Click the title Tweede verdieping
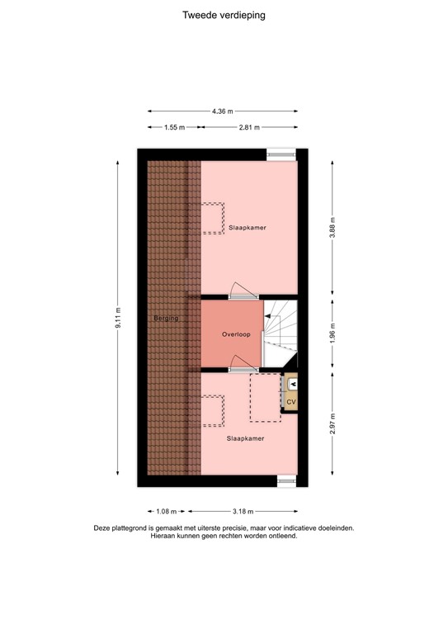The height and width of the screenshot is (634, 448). pos(224,16)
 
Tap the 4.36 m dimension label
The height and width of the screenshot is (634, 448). pos(223,111)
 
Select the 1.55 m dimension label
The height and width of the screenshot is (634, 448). pos(175,127)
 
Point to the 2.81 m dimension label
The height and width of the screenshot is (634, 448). pos(249,127)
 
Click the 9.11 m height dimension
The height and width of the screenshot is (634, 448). pos(118,318)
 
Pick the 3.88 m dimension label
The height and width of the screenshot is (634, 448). pos(332,228)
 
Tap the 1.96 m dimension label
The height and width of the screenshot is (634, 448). pos(332,333)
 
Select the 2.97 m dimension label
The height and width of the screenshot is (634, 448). pos(332,423)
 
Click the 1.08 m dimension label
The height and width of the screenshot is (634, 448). pos(167,512)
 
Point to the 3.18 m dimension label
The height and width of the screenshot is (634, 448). pos(243,512)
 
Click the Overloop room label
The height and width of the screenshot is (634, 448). pos(236,334)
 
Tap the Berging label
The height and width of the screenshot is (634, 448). pos(166,318)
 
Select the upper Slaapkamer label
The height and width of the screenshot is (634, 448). pos(248,228)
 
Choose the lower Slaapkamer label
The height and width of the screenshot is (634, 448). pos(246,438)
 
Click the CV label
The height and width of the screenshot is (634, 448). pos(291,402)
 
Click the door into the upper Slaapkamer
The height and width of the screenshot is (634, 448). pos(243,291)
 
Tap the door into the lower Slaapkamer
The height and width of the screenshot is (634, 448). pos(243,364)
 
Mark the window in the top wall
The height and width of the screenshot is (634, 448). pos(281,154)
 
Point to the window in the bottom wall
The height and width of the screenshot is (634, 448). pos(287,480)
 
